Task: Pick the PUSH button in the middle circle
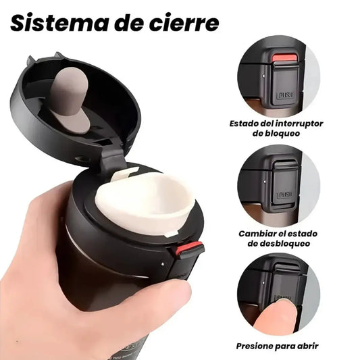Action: [x=284, y=195]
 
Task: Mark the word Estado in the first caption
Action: [x=245, y=124]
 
